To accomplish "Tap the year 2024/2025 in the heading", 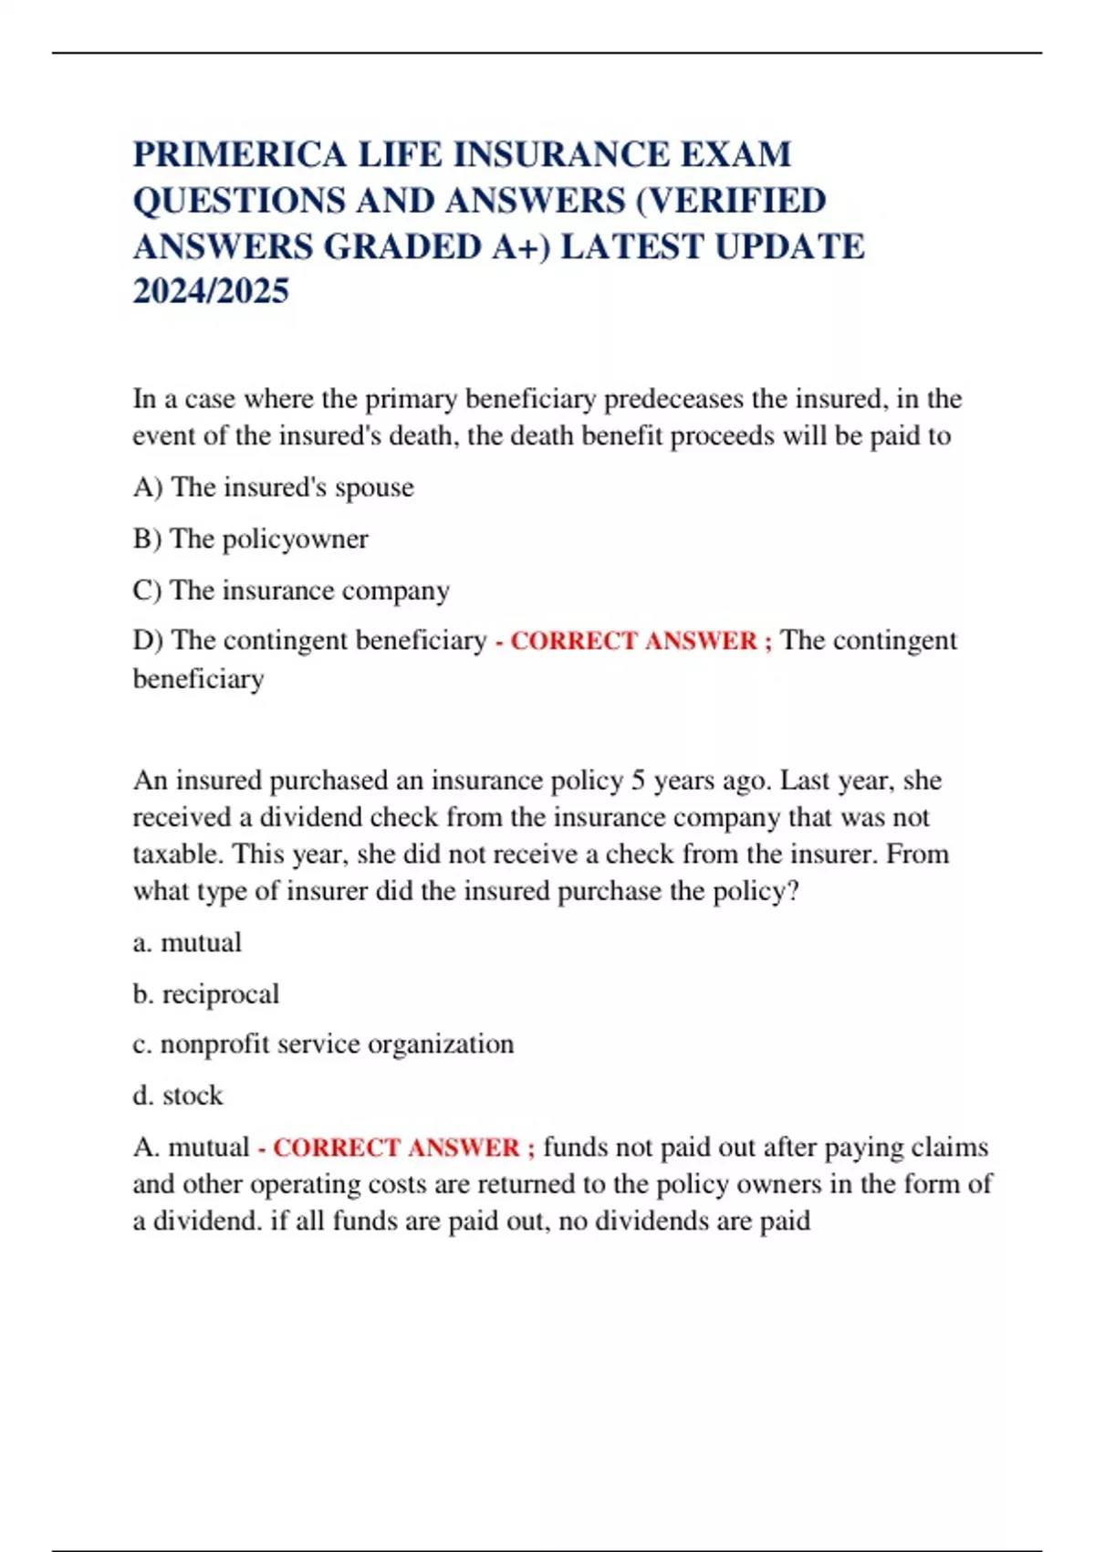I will pyautogui.click(x=211, y=291).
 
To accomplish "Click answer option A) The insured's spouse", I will pyautogui.click(x=273, y=488).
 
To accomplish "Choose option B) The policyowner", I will pyautogui.click(x=250, y=539).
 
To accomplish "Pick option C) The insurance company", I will pyautogui.click(x=291, y=591).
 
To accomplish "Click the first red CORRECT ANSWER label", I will pyautogui.click(x=634, y=641).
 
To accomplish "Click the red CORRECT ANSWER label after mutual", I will pyautogui.click(x=397, y=1148).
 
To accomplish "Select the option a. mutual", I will pyautogui.click(x=187, y=942).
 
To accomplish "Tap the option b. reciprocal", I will pyautogui.click(x=205, y=993).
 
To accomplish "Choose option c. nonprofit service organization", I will pyautogui.click(x=323, y=1043).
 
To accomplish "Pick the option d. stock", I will pyautogui.click(x=177, y=1095).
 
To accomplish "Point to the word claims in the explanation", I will pyautogui.click(x=949, y=1147).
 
